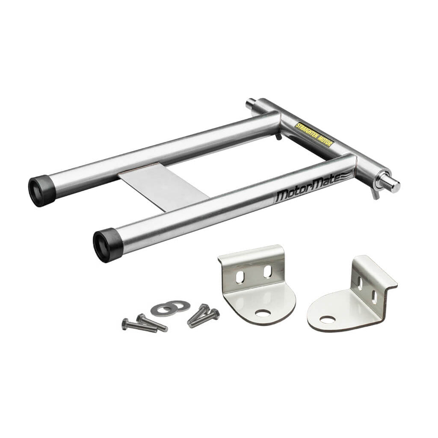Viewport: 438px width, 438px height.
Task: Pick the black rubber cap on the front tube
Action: click(x=108, y=245)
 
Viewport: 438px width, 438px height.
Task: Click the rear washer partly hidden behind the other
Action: click(x=179, y=306)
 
